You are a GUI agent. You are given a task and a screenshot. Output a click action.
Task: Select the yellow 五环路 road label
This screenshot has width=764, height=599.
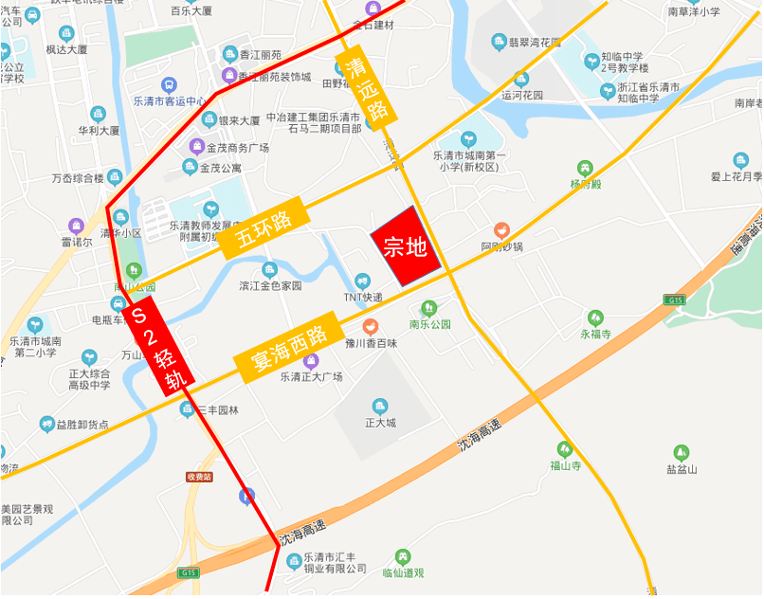(266, 227)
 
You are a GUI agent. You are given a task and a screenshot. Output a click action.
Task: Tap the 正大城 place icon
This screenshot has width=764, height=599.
(380, 406)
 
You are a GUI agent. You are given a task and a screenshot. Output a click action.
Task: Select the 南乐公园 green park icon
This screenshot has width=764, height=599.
(428, 307)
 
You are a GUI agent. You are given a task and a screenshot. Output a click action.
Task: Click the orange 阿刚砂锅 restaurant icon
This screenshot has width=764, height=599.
(501, 230)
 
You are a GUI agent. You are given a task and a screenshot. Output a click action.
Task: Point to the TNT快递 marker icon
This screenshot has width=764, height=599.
(362, 281)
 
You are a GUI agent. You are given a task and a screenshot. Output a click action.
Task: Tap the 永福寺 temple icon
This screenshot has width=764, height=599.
(595, 318)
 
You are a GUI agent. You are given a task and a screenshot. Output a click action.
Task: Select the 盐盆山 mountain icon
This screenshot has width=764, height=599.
(681, 452)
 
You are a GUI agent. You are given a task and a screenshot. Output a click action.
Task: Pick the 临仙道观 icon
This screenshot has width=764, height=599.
(403, 556)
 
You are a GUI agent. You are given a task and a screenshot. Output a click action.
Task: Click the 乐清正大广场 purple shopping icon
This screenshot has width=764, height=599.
(311, 360)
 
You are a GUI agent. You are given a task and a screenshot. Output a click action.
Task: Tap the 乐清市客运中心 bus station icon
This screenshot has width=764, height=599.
(170, 85)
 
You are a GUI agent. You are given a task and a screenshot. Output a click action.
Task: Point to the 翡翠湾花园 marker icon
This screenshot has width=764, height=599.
(500, 42)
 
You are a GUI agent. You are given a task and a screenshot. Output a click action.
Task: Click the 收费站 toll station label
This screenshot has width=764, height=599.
(199, 476)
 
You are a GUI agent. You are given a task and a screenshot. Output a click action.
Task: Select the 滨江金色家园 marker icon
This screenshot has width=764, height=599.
(270, 269)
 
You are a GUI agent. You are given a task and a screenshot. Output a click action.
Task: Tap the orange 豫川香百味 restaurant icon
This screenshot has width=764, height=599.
(370, 326)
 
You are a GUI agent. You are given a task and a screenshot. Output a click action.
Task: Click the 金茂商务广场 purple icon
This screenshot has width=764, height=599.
(196, 147)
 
